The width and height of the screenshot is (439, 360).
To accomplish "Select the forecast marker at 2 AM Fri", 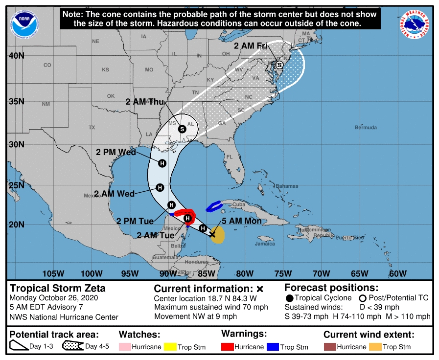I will pos(279,65).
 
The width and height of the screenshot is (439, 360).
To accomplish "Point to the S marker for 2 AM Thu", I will pos(182,129).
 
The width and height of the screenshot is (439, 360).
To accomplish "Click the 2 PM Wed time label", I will pos(116,152).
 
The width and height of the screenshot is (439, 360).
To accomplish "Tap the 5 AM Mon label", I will pos(242,221).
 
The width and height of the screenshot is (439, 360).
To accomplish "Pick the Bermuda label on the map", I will pos(366,128).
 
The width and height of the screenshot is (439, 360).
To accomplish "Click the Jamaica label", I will pos(265,243).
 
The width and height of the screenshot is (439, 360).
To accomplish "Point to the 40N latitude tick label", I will pos(16,56).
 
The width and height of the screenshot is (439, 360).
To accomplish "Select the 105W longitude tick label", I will pos(53,273).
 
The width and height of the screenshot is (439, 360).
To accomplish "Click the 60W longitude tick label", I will pos(398,273).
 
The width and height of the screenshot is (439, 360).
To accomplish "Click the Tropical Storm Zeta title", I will pos(58,288).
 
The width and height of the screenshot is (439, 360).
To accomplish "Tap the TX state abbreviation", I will pos(92,127).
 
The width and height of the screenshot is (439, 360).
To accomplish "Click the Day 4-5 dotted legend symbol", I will pos(73,347).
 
